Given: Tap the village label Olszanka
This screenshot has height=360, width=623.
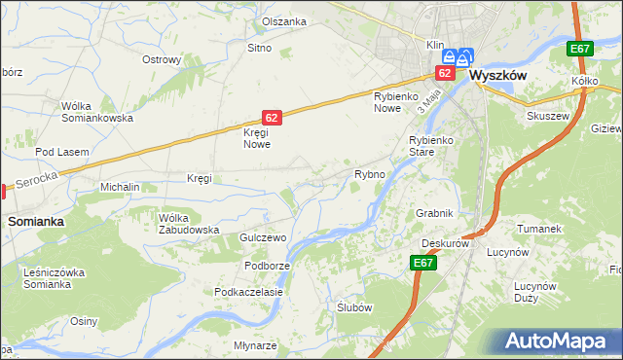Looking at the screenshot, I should [x=284, y=21].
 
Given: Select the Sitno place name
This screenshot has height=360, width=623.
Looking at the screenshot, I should [x=258, y=48].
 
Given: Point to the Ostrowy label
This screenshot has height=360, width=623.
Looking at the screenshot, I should [x=162, y=59].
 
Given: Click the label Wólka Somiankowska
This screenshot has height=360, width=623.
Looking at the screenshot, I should [x=96, y=112].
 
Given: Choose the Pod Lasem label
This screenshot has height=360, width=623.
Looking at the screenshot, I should [x=62, y=153].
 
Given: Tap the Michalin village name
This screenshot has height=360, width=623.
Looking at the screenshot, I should [x=121, y=186].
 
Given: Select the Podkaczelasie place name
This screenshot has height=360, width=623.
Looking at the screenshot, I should [x=249, y=292].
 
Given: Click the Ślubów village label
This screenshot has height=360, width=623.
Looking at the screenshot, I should [x=354, y=306].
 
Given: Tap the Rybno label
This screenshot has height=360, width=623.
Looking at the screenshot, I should [x=370, y=174].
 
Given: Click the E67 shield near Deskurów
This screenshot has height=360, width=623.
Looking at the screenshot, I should [x=422, y=263].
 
